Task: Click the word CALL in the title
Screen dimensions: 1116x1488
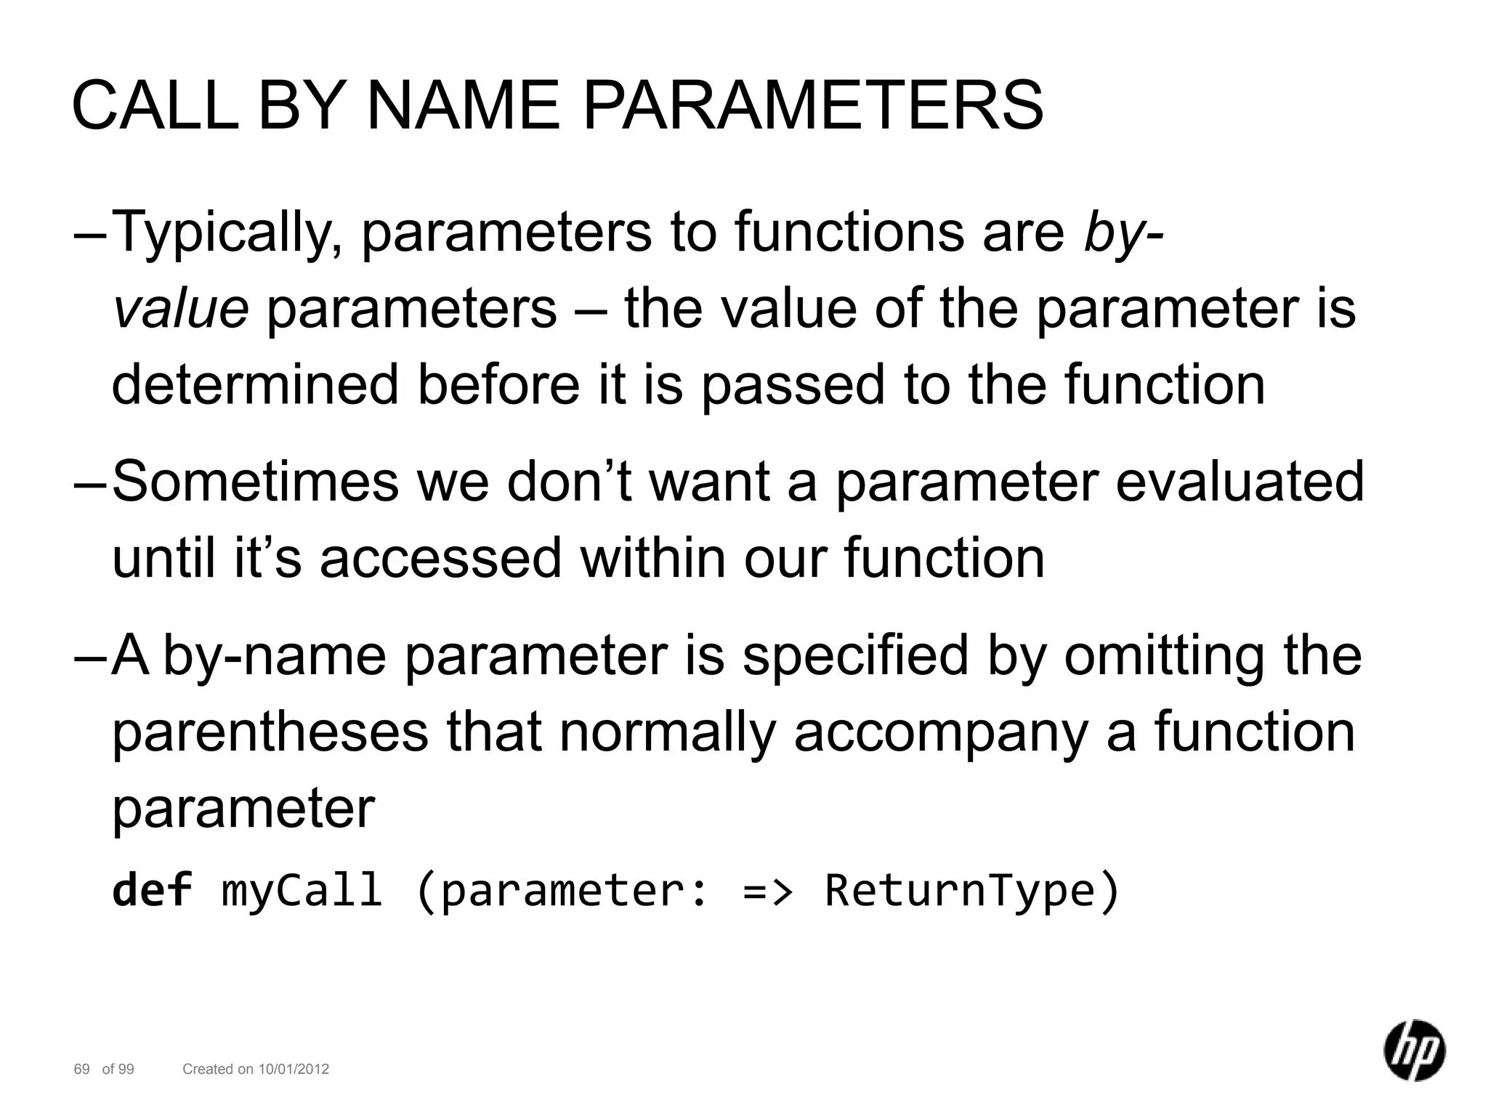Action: coord(155,107)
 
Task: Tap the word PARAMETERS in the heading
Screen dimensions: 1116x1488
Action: coord(813,107)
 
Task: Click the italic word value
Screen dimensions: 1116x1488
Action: coord(181,308)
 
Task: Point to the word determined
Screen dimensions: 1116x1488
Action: coord(255,384)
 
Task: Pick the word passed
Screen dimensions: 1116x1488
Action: coord(793,386)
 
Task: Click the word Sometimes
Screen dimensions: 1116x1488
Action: coord(255,482)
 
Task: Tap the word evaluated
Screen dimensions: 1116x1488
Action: coord(1240,482)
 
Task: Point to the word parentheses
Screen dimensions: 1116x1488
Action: coord(270,732)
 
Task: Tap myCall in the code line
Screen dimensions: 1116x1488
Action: coord(302,891)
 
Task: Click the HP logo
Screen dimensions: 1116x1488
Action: coord(1414,1050)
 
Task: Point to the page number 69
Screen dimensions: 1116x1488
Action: coord(81,1069)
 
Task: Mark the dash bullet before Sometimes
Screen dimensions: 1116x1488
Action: coord(90,482)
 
